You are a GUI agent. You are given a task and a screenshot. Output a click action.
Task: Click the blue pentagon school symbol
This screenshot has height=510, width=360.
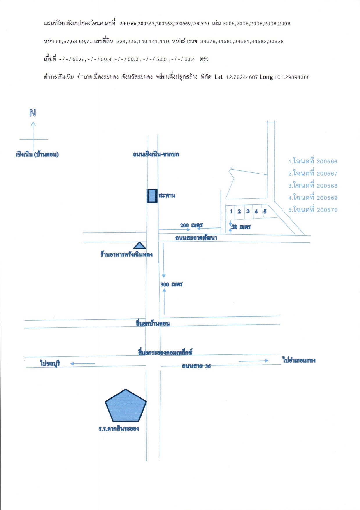(x=126, y=406)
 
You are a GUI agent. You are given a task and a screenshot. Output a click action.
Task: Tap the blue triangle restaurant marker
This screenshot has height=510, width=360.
(x=140, y=246)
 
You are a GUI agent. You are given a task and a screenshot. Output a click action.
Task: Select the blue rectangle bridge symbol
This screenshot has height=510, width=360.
(x=152, y=196)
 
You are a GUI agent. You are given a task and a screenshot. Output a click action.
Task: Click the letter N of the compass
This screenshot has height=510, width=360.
(x=33, y=113)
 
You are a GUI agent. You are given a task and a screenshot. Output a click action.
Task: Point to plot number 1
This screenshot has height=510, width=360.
(x=231, y=211)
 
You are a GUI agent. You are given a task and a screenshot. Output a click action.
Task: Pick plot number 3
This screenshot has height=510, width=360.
(x=248, y=211)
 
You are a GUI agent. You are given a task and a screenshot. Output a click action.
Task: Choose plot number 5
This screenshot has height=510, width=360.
(x=265, y=211)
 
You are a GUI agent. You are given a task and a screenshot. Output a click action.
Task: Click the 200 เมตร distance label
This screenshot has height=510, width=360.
(x=191, y=225)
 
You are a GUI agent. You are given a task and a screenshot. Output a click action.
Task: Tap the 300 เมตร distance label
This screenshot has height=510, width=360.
(x=171, y=284)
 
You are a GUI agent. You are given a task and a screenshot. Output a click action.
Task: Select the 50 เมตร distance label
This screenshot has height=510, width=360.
(x=241, y=227)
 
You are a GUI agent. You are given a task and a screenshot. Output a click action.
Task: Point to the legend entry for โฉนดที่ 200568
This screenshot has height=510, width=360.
(x=313, y=185)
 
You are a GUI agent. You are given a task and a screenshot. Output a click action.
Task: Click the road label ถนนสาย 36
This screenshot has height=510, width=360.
(x=196, y=366)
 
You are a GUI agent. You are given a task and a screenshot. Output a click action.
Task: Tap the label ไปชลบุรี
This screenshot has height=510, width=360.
(x=50, y=363)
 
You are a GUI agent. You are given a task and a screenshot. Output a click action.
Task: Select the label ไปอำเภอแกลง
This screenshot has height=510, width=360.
(x=299, y=360)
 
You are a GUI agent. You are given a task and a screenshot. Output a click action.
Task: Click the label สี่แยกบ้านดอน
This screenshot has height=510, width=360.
(x=153, y=323)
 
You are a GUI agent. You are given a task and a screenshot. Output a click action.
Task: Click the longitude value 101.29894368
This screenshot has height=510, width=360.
(x=292, y=77)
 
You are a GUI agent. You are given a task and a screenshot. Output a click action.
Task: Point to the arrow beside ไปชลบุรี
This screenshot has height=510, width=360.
(x=83, y=363)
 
